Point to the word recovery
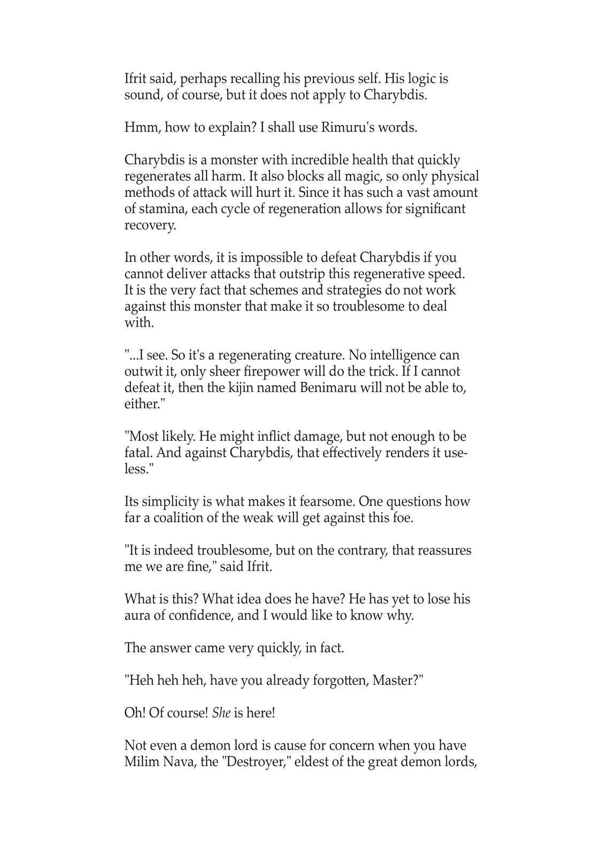(150, 225)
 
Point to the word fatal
(138, 453)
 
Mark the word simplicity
(170, 502)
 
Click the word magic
(366, 176)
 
